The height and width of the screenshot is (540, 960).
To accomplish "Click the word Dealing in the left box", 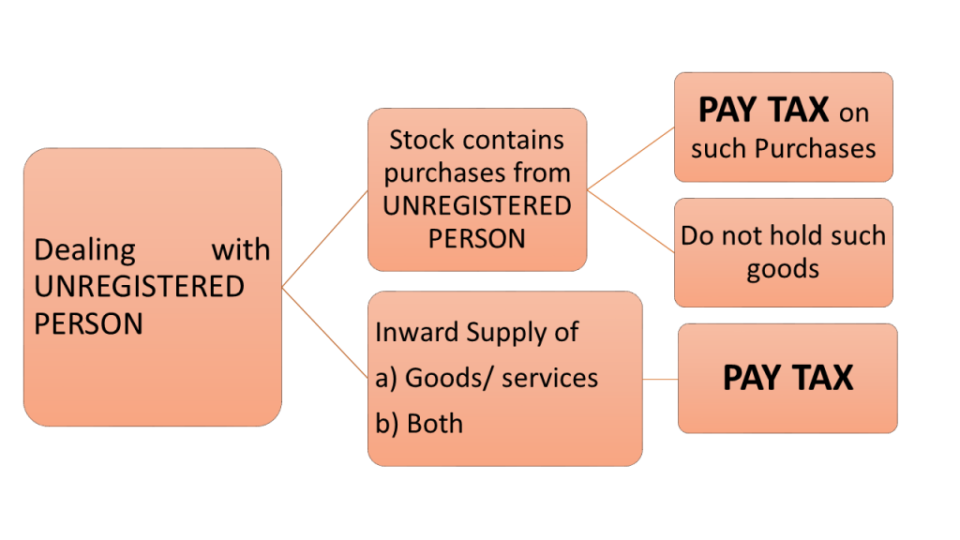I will click(84, 250).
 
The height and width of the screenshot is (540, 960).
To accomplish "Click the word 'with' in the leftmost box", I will click(240, 250).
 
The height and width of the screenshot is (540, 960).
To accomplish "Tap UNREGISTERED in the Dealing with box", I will click(139, 286).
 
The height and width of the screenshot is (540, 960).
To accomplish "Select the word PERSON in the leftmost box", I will click(88, 322).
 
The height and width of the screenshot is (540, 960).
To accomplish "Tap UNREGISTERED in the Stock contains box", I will click(476, 205).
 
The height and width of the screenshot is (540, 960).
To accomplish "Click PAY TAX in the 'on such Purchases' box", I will click(763, 111).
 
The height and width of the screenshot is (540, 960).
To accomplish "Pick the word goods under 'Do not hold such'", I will click(783, 269).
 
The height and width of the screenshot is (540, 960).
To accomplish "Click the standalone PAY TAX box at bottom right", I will click(787, 378).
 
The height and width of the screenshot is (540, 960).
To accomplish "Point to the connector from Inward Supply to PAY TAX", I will click(660, 379).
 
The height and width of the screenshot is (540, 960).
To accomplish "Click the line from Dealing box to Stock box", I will click(324, 238).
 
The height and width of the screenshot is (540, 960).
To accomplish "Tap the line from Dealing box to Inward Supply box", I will click(324, 332).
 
